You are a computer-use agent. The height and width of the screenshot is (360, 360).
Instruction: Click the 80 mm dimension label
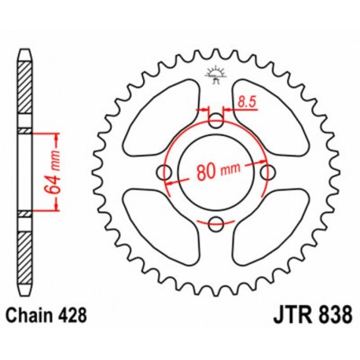(x=217, y=172)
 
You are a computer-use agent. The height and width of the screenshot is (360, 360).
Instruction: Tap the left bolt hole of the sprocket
(x=165, y=173)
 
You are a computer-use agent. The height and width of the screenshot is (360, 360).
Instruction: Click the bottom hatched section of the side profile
(x=27, y=252)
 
